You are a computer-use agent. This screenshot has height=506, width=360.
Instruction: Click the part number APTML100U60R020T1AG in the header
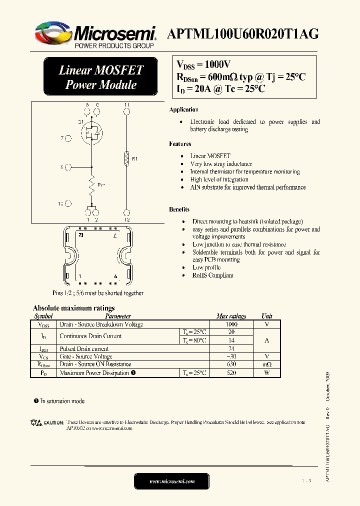coord(242,34)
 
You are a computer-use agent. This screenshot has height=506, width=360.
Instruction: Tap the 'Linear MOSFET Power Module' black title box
coord(101,77)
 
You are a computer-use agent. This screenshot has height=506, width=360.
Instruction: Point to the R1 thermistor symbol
coord(127,159)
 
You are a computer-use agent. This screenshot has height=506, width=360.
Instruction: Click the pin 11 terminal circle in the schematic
coord(127,111)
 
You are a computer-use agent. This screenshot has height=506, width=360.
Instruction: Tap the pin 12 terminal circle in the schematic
coord(127,213)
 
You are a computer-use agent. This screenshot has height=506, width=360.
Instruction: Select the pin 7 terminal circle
coord(68,137)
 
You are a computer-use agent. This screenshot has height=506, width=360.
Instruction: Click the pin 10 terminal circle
coord(68,203)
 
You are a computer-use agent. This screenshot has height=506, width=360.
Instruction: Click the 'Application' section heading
coord(183,110)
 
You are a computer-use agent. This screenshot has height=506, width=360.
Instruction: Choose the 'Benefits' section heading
coord(179,209)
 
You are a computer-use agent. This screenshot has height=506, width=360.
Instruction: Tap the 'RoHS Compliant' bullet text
coord(212,275)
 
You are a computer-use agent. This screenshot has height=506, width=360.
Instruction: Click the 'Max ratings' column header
coord(231,316)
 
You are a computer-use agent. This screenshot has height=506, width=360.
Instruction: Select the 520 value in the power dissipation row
coord(231,373)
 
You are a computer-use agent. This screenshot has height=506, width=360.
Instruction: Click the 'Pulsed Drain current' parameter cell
coord(84,348)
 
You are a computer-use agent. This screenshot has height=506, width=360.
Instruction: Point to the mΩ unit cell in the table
coord(266,364)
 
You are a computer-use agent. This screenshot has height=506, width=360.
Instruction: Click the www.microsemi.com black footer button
coord(171,481)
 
